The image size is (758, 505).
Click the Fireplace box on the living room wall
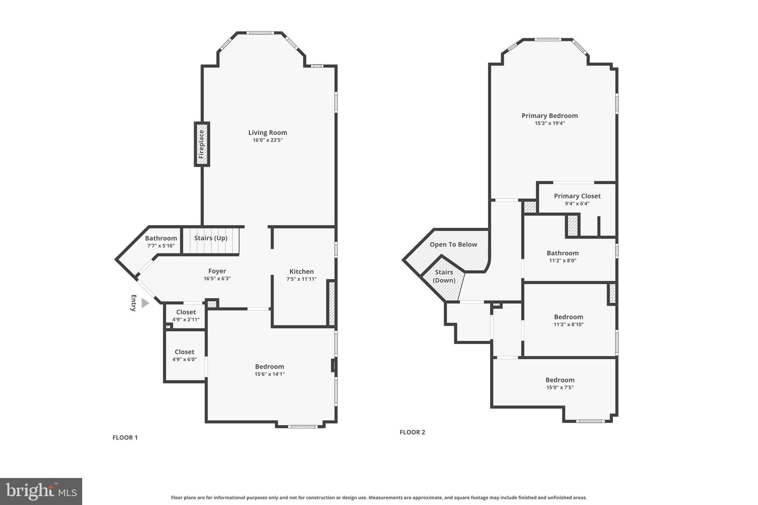click(x=202, y=144)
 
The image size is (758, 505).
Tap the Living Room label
click(x=268, y=133)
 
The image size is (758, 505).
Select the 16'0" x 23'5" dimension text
click(x=268, y=140)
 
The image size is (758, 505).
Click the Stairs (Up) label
click(x=211, y=238)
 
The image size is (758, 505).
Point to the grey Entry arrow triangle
click(x=145, y=303)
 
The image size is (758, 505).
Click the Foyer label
click(x=217, y=271)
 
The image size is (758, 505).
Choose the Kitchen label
click(x=301, y=271)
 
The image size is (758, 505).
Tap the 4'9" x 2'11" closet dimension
click(x=186, y=320)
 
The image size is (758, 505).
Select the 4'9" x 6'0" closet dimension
click(x=184, y=359)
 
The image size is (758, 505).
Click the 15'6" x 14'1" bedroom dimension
click(x=269, y=374)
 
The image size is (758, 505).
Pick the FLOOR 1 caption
click(x=125, y=438)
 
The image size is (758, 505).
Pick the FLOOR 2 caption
click(x=412, y=432)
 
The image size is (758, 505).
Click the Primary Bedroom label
click(x=550, y=116)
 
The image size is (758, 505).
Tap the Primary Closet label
click(x=577, y=196)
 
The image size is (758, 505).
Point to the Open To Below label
click(x=453, y=244)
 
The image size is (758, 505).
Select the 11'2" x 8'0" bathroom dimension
click(x=563, y=261)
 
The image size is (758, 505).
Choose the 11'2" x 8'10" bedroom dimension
click(x=568, y=325)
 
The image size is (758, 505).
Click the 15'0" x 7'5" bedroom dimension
click(x=560, y=388)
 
